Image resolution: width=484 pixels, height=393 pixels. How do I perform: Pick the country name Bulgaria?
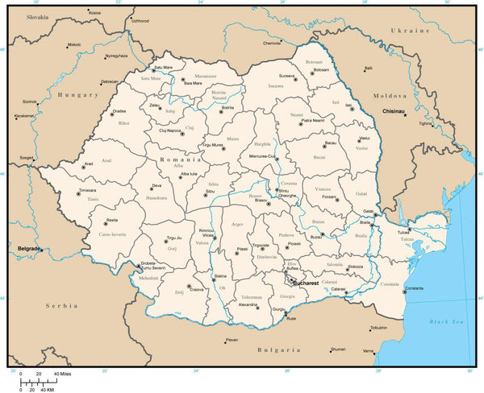click(x=278, y=350)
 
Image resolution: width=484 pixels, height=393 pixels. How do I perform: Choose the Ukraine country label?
click(x=407, y=30)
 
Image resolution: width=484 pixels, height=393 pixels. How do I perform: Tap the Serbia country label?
click(x=61, y=306)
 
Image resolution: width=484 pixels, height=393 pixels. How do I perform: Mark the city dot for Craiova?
click(x=190, y=287)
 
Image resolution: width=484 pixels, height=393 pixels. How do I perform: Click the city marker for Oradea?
click(x=112, y=114)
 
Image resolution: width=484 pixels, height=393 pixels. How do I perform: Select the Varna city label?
click(x=368, y=351)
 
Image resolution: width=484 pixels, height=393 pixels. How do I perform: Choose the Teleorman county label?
click(x=252, y=296)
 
